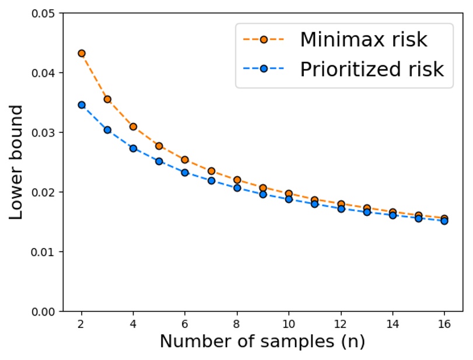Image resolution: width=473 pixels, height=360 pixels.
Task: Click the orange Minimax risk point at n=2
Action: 82,53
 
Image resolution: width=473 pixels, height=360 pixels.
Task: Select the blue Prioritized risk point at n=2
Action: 82,105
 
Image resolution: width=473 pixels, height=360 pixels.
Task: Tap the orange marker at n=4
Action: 134,127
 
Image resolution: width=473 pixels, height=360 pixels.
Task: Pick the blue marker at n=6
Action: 185,173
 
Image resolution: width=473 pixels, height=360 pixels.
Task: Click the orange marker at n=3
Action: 107,99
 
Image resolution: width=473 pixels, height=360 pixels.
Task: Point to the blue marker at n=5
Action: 159,161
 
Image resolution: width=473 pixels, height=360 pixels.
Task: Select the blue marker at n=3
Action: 107,130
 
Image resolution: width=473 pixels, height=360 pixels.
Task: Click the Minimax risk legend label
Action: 363,40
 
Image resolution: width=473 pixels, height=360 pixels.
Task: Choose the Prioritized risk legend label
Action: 372,69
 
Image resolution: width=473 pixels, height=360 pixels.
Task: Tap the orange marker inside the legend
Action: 264,40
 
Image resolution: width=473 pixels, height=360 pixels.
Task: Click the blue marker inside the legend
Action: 264,69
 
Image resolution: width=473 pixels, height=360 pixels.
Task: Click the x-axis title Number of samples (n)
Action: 262,342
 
